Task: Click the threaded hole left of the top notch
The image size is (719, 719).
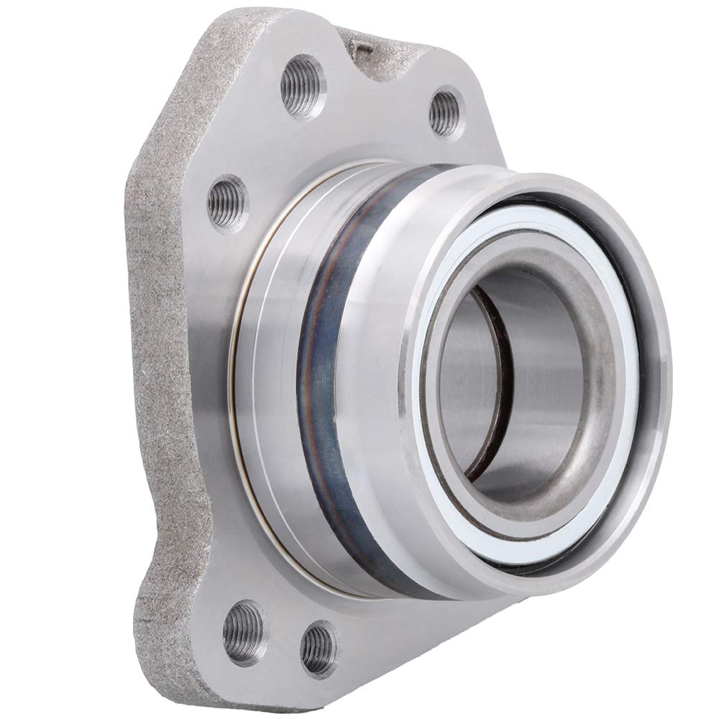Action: (302, 86)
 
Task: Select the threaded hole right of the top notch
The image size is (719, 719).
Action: (446, 112)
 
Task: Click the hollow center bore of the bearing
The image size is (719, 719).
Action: (518, 388)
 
